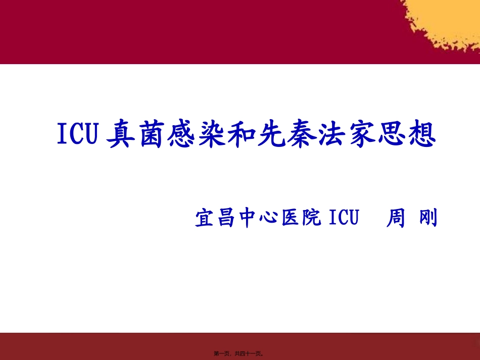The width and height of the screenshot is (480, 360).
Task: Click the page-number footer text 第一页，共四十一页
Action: pyautogui.click(x=239, y=353)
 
